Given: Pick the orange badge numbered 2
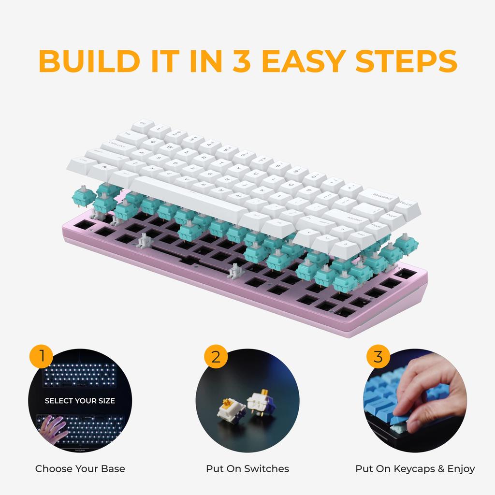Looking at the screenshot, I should pos(215,357).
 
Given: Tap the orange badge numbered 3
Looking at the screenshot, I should pos(378,357).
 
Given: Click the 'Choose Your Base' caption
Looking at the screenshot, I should pos(80,468).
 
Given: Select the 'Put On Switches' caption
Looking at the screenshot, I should pos(247,468).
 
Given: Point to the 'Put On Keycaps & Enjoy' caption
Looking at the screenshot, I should pos(415,468).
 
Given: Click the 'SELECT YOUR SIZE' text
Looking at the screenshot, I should pos(80,401).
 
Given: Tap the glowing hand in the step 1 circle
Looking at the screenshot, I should pos(52,428).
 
